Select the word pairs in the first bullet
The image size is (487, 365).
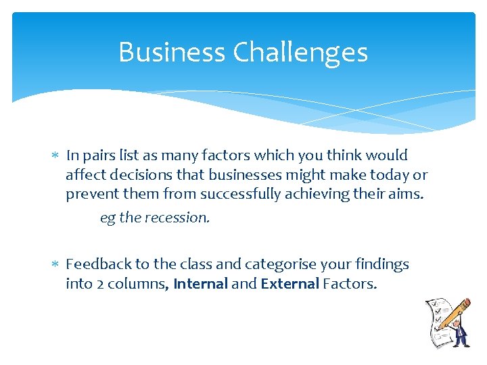tap(99, 155)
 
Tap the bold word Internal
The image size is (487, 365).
tap(200, 284)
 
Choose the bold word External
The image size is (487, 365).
tap(289, 284)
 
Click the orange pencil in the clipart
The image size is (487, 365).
tap(455, 314)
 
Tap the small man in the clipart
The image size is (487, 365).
tap(461, 333)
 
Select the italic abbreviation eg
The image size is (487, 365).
tap(108, 218)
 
